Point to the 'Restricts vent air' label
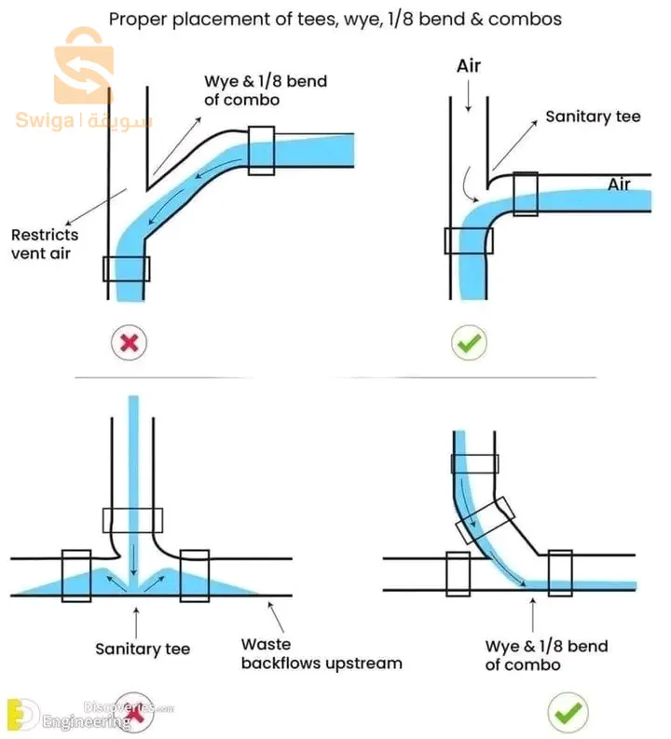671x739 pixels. coord(45,243)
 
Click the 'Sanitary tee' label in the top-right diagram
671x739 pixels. coord(593,116)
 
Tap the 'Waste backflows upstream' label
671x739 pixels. coord(322,653)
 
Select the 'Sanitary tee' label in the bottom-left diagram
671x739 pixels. coord(143,649)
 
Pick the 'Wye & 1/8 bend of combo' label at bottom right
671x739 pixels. coord(546,655)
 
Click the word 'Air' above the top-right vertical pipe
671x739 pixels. coord(468,67)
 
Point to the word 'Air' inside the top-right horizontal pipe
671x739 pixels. coord(619,185)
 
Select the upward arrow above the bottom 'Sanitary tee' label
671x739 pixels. coord(137,619)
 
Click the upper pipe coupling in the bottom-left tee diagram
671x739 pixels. coord(132,519)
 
